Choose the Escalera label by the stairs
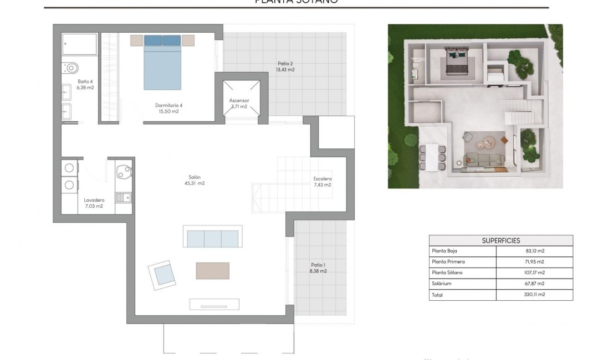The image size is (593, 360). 322,182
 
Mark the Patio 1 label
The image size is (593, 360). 318,268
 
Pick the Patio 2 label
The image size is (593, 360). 285,66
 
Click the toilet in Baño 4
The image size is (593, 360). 70,68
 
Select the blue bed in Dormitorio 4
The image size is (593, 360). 162,62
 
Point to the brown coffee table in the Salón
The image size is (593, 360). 212,270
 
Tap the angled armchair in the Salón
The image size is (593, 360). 162,274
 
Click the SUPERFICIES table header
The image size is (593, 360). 500,240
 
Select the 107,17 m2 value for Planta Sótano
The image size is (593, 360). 534,272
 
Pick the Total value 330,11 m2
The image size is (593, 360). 534,295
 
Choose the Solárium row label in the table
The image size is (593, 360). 442,284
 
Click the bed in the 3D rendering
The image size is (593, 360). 458,62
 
